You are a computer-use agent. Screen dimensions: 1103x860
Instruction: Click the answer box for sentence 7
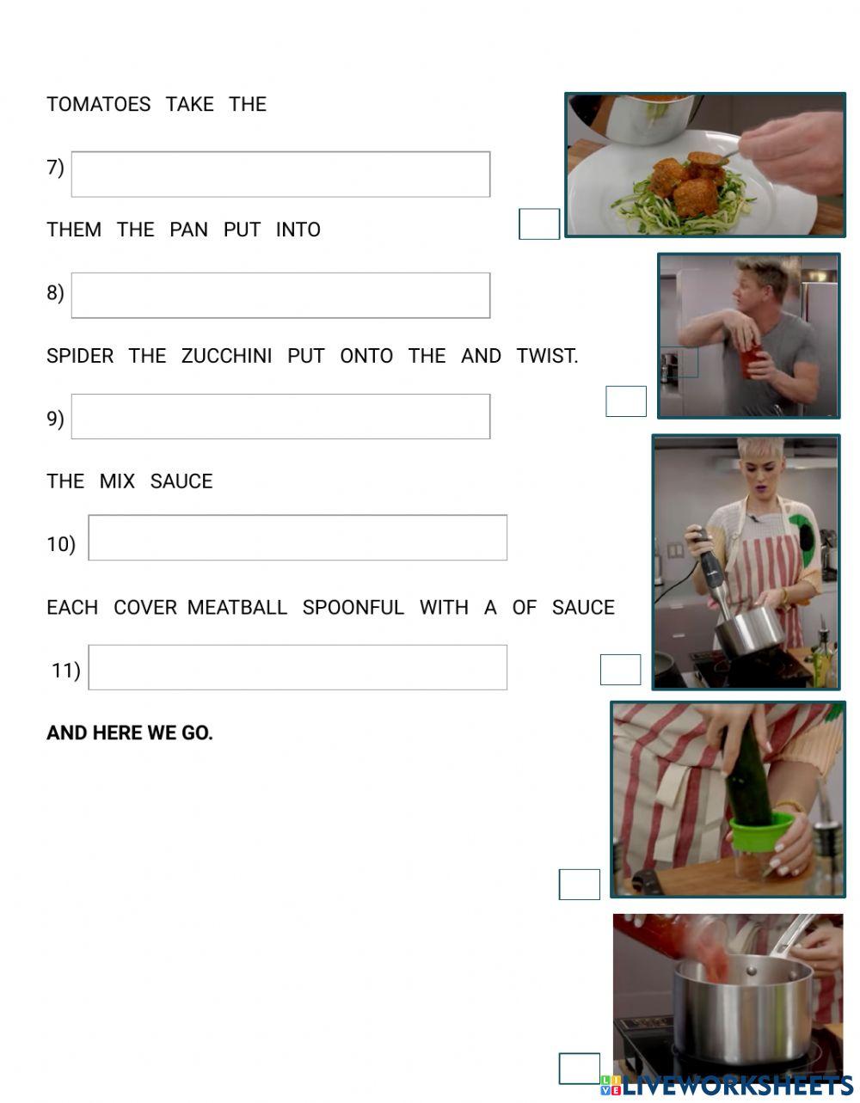click(280, 175)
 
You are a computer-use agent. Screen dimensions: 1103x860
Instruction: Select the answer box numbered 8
click(280, 296)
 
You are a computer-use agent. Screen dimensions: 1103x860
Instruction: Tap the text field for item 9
click(280, 417)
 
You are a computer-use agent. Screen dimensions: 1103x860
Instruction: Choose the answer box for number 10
click(298, 538)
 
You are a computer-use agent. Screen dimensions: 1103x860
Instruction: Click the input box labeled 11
click(298, 667)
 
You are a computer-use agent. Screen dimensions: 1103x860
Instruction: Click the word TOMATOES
click(98, 105)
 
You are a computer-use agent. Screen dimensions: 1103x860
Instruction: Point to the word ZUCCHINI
click(226, 356)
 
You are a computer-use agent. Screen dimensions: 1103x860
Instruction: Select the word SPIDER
click(80, 356)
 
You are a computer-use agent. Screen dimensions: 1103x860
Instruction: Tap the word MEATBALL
click(236, 608)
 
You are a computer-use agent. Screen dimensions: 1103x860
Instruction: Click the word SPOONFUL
click(353, 608)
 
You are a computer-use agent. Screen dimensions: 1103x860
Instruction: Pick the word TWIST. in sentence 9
click(547, 356)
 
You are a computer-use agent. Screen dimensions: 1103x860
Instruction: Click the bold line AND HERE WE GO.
click(130, 733)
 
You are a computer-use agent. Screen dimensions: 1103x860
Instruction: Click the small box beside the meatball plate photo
click(539, 224)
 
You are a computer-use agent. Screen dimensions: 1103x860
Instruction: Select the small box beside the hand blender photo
click(620, 670)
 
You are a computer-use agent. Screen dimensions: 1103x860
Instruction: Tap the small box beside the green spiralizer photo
click(580, 885)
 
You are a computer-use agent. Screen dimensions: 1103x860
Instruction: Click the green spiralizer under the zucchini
click(760, 834)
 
